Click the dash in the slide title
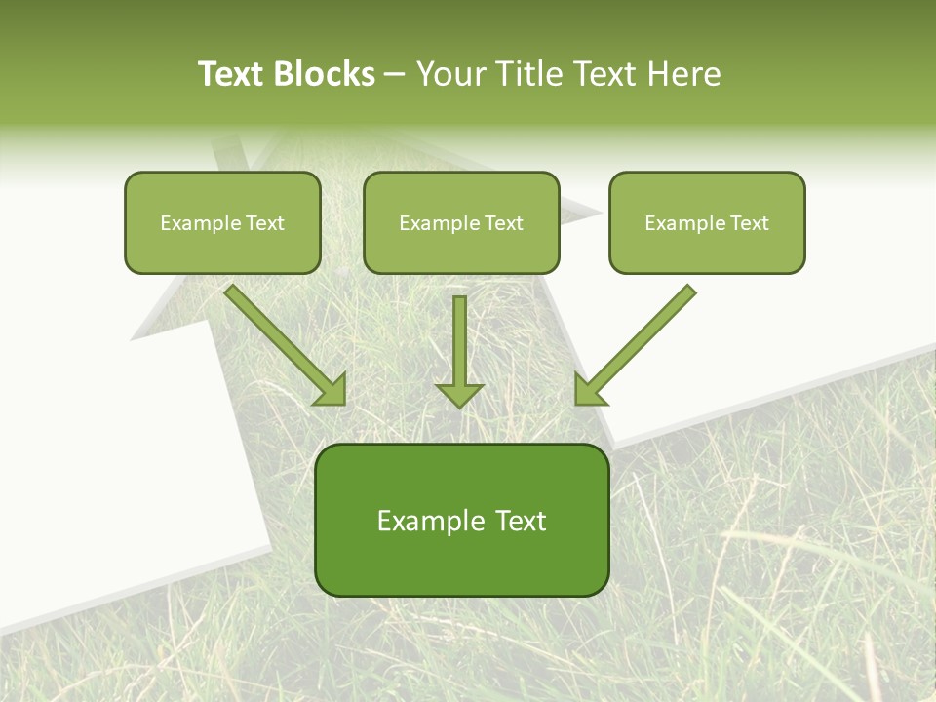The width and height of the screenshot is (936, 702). pyautogui.click(x=395, y=74)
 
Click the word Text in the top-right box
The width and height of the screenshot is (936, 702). pyautogui.click(x=749, y=223)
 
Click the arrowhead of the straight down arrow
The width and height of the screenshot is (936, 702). pyautogui.click(x=459, y=394)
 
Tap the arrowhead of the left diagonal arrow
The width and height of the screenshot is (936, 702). pyautogui.click(x=332, y=391)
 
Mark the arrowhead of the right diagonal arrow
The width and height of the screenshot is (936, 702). pyautogui.click(x=587, y=391)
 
